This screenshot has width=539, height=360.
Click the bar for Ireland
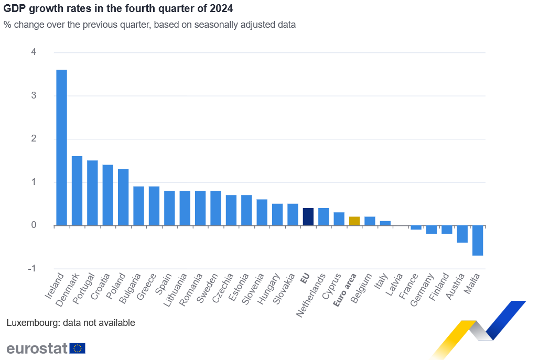click(61, 147)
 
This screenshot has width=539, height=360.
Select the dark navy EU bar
click(308, 217)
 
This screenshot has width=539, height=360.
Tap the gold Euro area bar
click(354, 221)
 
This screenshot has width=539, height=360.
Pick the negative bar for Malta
click(478, 241)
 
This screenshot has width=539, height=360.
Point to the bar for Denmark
click(77, 191)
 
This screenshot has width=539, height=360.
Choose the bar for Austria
click(462, 234)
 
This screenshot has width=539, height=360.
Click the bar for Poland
click(123, 197)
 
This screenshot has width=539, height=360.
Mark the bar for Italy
click(385, 223)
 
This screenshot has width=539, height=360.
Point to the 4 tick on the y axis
click(34, 52)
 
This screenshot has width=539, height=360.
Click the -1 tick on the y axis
click(33, 269)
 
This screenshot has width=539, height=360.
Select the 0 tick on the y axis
click(34, 225)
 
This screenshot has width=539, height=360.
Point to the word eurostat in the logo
click(37, 348)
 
